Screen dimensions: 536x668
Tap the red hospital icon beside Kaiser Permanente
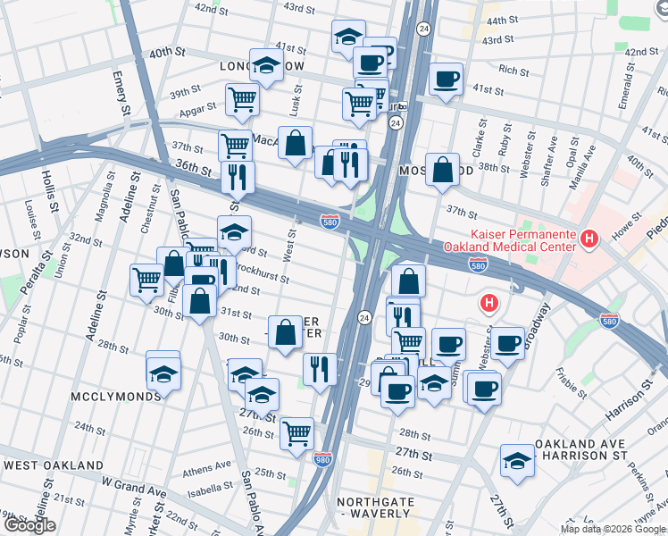pos(589,239)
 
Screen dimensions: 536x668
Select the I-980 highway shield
pos(323,460)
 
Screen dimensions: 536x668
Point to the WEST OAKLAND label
pos(54,465)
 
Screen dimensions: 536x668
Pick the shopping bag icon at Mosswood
pos(442,168)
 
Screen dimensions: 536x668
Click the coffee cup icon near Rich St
pos(445,79)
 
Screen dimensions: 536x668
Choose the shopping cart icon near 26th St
pos(296,434)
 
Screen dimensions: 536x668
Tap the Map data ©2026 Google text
pos(612,529)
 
